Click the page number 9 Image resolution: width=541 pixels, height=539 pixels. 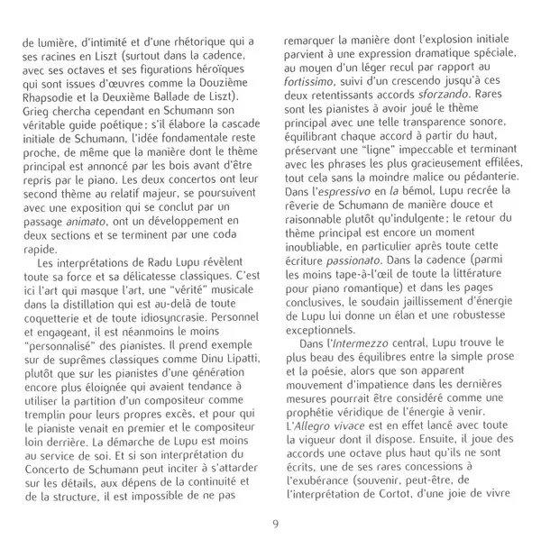[x=271, y=520]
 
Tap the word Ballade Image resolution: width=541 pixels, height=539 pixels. [x=189, y=96]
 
